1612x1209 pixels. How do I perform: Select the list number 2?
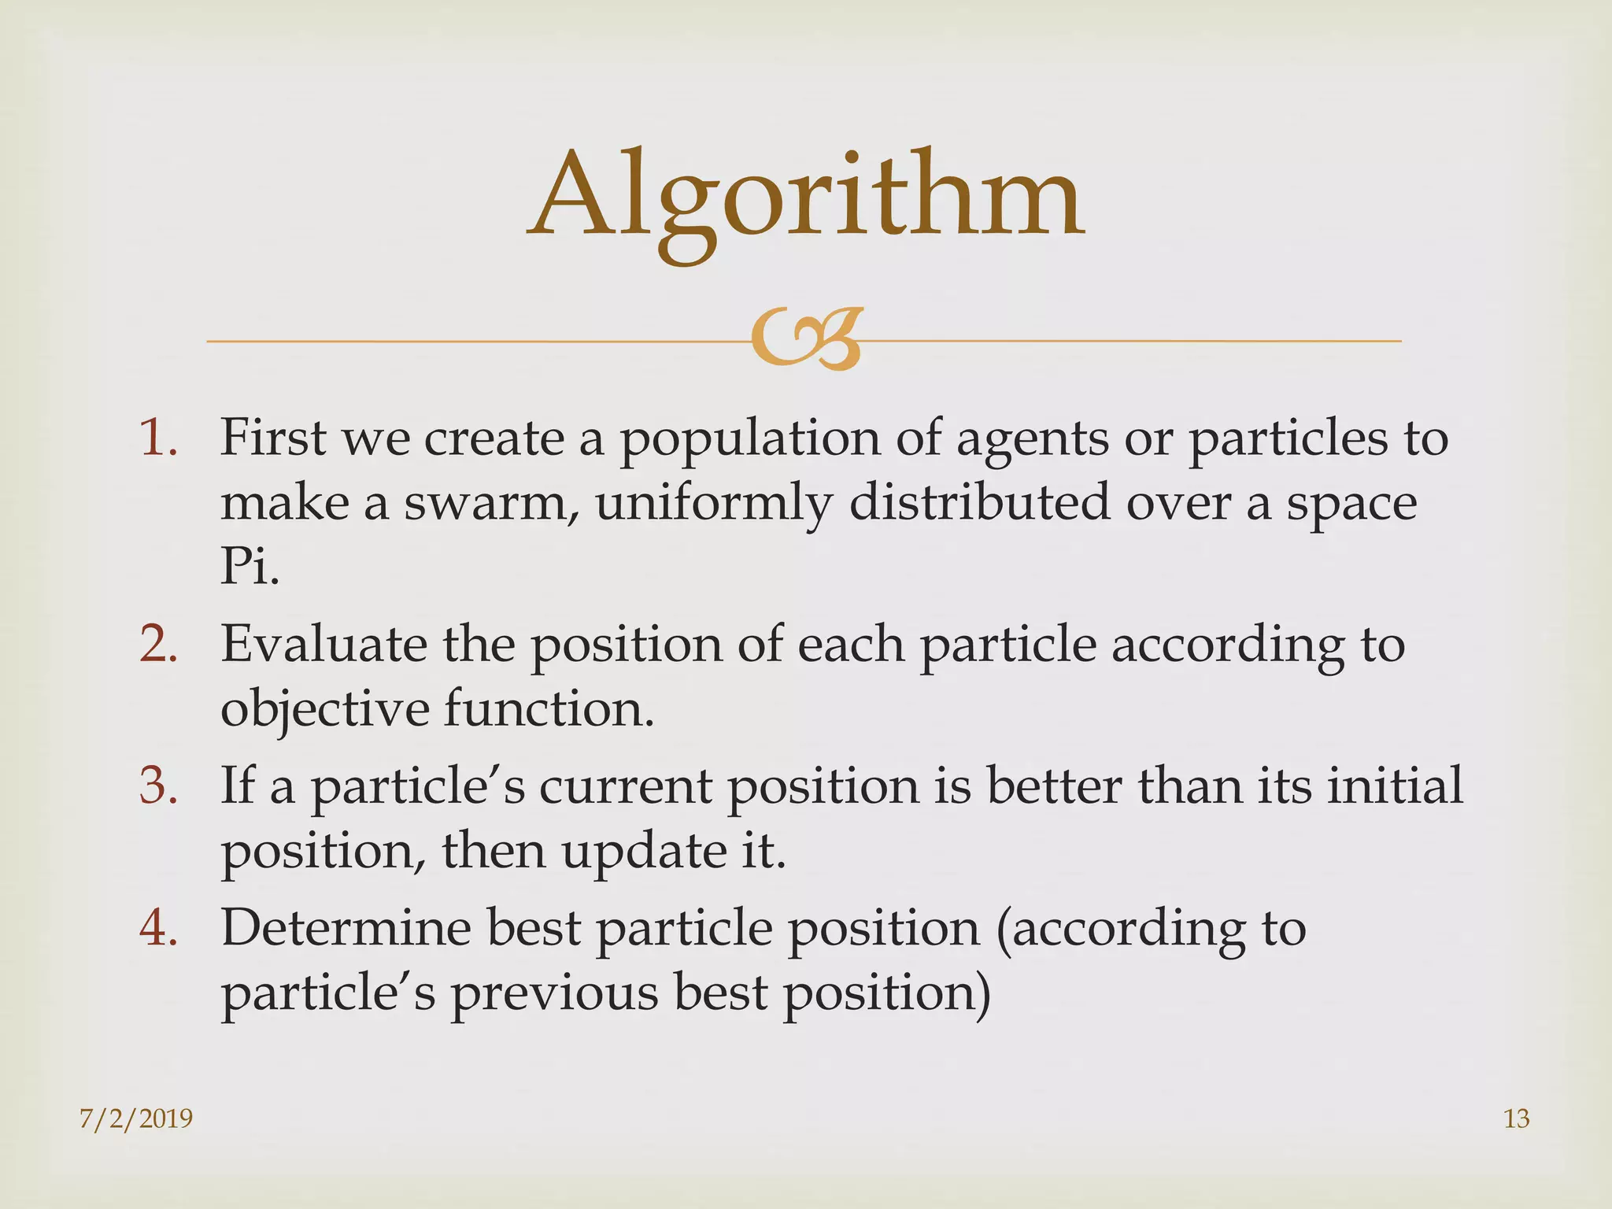pyautogui.click(x=158, y=644)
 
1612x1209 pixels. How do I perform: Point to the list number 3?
pyautogui.click(x=158, y=786)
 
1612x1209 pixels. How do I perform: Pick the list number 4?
pyautogui.click(x=158, y=927)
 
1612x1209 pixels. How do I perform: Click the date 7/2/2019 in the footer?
pyautogui.click(x=136, y=1118)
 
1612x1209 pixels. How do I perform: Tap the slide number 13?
pyautogui.click(x=1516, y=1118)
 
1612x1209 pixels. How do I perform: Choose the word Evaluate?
pyautogui.click(x=324, y=644)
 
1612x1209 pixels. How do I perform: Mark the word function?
pyautogui.click(x=549, y=708)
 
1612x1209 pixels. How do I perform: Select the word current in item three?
pyautogui.click(x=625, y=786)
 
